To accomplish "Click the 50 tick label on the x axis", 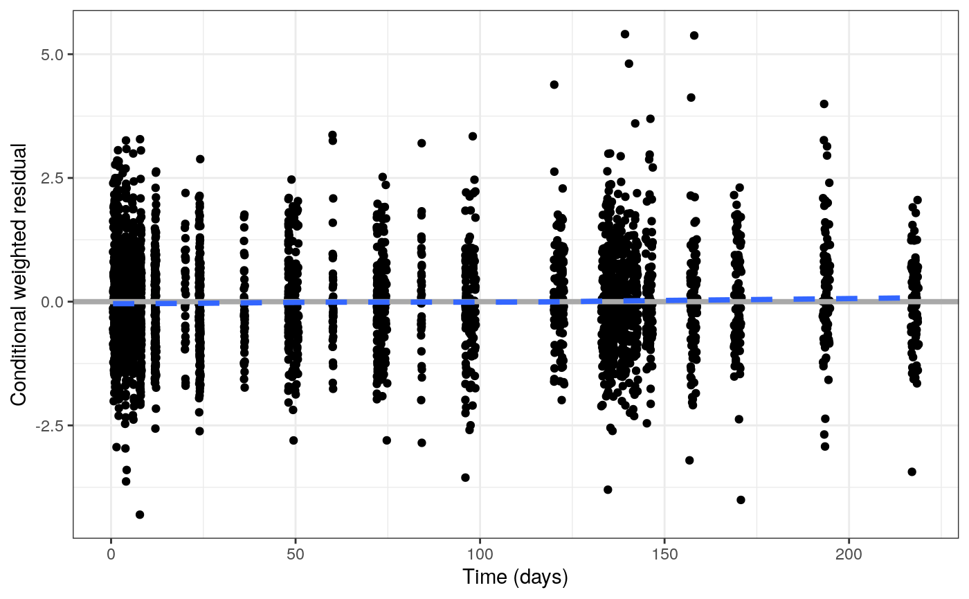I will [296, 555].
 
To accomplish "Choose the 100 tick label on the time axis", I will [480, 555].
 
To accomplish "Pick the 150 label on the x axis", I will [664, 555].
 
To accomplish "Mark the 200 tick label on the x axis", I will [849, 555].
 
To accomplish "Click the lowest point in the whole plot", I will [140, 515].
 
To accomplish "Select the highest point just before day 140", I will [625, 34].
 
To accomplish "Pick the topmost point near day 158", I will [694, 35].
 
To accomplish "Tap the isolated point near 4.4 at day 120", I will [554, 84].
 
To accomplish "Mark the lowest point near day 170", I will [741, 500].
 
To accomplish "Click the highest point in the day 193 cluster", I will [824, 104].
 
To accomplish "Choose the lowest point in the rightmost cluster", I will [912, 472].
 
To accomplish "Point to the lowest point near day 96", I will [465, 477].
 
